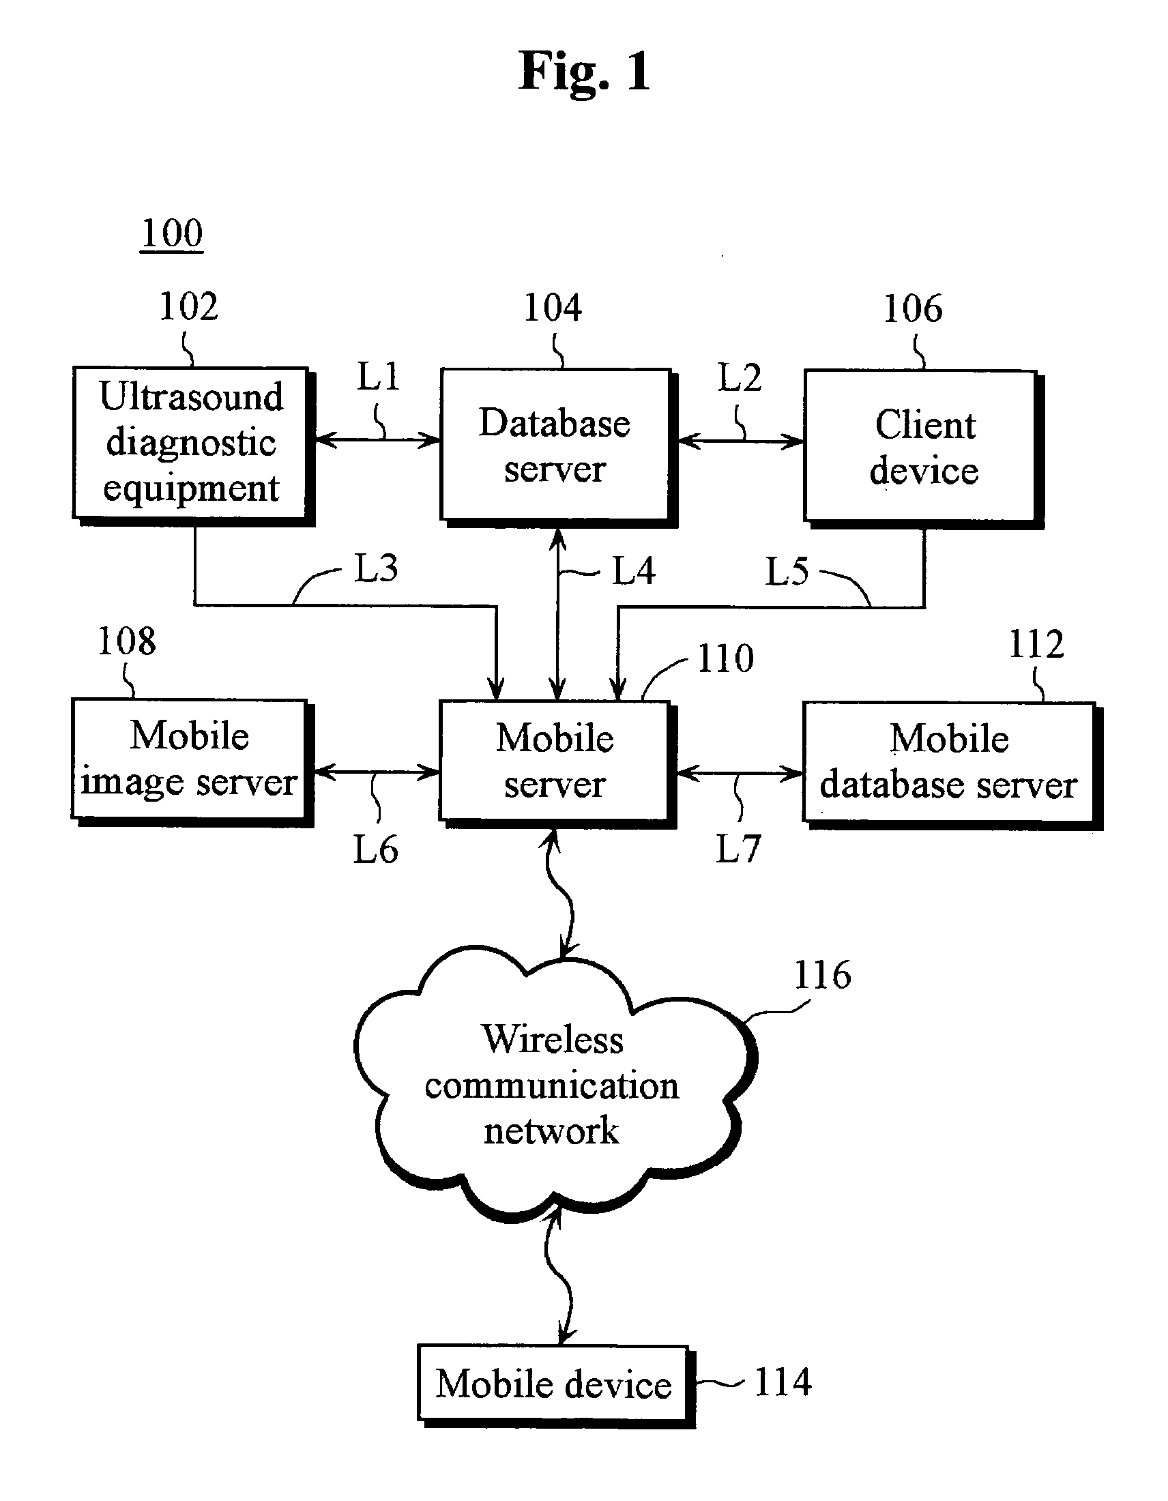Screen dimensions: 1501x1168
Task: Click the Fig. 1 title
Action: [583, 72]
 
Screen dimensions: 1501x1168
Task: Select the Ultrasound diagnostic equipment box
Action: [190, 443]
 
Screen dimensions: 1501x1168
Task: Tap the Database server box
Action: [555, 446]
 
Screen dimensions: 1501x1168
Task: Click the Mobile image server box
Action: [189, 759]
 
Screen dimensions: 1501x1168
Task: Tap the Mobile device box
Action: [553, 1383]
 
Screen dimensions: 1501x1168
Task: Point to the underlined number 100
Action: [172, 233]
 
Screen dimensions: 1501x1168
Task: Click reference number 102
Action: [188, 306]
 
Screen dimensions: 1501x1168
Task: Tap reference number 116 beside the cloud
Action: [822, 974]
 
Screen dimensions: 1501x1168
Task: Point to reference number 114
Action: [783, 1382]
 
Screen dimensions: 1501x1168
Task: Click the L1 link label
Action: [378, 377]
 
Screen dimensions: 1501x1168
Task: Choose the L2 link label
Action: [740, 378]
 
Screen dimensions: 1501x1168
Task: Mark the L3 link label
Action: [376, 568]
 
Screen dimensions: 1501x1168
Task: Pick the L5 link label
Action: [787, 571]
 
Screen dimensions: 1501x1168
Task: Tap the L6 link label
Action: [375, 849]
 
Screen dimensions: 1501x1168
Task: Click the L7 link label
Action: [738, 849]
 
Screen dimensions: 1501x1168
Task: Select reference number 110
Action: [725, 658]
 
